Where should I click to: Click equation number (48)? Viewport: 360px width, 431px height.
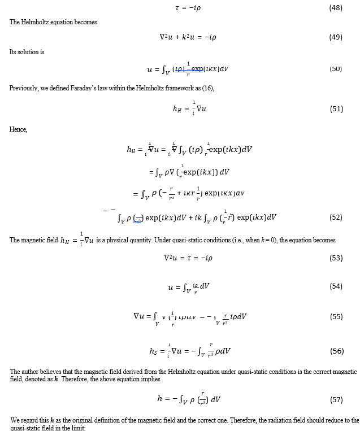pyautogui.click(x=336, y=8)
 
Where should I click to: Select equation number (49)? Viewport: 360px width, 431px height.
pyautogui.click(x=336, y=37)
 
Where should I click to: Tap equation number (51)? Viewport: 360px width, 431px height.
pyautogui.click(x=336, y=109)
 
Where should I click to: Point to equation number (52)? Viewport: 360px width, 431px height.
pyautogui.click(x=336, y=217)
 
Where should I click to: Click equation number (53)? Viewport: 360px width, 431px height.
pyautogui.click(x=336, y=258)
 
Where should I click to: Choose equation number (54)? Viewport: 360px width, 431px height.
pyautogui.click(x=336, y=286)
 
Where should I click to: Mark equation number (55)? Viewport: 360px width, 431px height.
pyautogui.click(x=336, y=316)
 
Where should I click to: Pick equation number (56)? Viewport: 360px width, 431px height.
pyautogui.click(x=336, y=351)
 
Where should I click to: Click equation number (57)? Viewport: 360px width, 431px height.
pyautogui.click(x=336, y=399)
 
